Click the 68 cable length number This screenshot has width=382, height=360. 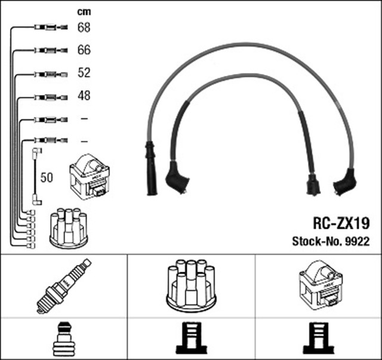[x=84, y=27]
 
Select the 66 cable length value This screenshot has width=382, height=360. [x=84, y=50]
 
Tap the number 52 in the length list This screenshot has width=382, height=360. [x=84, y=73]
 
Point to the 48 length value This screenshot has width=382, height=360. [x=84, y=96]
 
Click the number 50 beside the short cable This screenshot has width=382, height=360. [x=47, y=177]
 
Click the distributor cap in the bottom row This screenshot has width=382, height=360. [x=191, y=284]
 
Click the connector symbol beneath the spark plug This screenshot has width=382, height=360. [x=63, y=338]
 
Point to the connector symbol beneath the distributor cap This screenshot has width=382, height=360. [x=191, y=338]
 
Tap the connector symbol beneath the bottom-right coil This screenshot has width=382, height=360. [x=318, y=338]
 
